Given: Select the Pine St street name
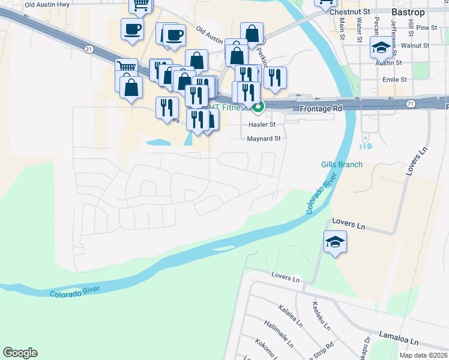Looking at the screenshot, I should point(426,28).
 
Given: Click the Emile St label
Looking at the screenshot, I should point(394,79).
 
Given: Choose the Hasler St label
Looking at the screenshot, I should point(262,124).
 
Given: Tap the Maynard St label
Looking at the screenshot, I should point(264,139).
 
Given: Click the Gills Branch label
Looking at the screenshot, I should point(342,164).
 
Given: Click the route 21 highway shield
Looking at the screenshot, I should point(89,48).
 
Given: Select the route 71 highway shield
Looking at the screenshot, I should point(410,104).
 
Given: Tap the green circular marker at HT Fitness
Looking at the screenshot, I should point(258,108).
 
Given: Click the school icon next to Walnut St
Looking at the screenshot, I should point(381,47).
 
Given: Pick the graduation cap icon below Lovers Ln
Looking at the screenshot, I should point(336,241).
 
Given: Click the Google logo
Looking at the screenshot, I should point(20,353).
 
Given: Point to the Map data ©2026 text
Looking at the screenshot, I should point(424,355).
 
